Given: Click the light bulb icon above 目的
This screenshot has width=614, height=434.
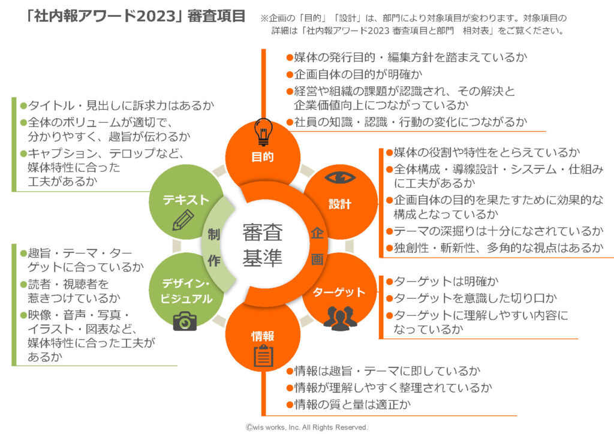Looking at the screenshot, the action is coord(263,132).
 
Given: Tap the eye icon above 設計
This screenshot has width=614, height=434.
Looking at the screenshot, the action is coord(341,178).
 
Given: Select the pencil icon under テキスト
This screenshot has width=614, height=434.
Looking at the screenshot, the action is coord(183,220).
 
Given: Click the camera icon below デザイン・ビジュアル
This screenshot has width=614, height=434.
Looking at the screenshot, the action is coord(185,321).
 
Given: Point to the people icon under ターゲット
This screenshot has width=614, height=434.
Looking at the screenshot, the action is coord(340,318).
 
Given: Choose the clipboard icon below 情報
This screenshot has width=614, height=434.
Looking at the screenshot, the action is coord(264,356).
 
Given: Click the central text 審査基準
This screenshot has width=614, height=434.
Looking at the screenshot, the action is coord(263,245).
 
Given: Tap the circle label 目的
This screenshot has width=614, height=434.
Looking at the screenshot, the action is coord(263,157).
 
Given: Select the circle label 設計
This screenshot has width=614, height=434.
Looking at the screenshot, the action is coord(340,204).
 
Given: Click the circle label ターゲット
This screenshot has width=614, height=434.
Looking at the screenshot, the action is coord(339,293).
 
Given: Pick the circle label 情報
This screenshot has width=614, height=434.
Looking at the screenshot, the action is coord(263,336).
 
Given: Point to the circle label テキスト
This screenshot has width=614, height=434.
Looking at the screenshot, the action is coord(186,200).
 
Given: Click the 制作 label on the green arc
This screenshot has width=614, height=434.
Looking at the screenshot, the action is coord(214,248).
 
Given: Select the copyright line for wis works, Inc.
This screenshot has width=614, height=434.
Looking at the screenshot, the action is coord(306,427).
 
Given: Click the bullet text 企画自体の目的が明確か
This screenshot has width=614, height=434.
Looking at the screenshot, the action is coord(354,74).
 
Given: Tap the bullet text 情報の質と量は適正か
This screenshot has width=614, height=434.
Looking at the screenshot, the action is coord(348,404).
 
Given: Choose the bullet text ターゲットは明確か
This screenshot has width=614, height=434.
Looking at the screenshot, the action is coord(443,281).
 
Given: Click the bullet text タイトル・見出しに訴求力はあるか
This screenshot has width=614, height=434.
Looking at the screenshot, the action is coord(118,106).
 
